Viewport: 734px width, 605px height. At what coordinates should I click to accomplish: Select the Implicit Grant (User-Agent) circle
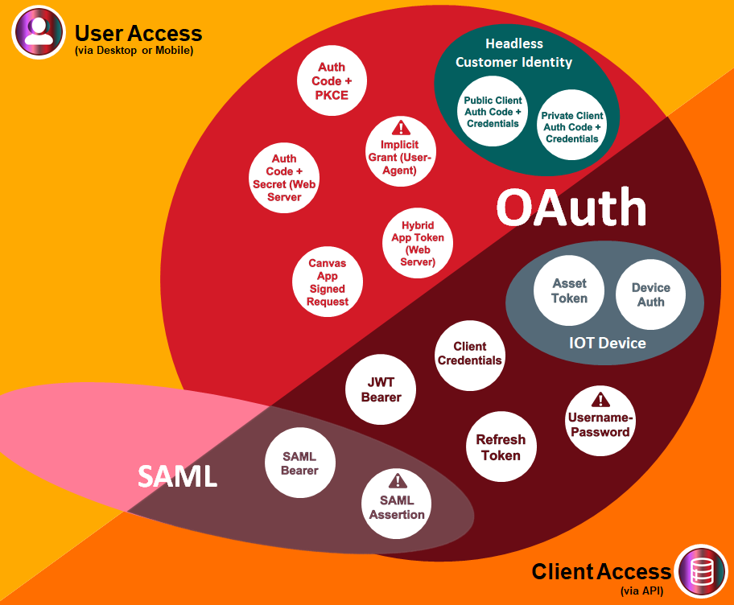click(x=400, y=150)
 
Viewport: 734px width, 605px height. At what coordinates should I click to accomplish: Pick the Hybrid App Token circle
click(x=417, y=244)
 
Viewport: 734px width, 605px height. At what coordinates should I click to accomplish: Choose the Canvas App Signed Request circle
click(x=327, y=282)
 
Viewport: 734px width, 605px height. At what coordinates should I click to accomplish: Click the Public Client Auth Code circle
click(x=493, y=111)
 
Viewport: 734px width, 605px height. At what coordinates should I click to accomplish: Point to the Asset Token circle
click(x=569, y=290)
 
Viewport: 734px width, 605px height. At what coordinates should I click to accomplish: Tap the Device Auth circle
click(x=650, y=294)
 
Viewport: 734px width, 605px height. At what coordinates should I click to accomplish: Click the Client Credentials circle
click(x=469, y=353)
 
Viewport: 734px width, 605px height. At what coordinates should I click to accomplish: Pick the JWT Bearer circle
click(x=381, y=390)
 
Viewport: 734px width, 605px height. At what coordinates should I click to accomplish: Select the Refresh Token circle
click(x=501, y=447)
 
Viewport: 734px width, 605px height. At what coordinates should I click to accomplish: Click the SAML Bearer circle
click(x=299, y=463)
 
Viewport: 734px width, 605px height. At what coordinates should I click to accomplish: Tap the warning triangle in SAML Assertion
click(x=397, y=481)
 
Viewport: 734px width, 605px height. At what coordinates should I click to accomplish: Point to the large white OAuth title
click(x=571, y=208)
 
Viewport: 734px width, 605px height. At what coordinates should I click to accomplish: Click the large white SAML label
click(x=177, y=476)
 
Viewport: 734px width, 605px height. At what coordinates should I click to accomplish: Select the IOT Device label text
click(x=607, y=344)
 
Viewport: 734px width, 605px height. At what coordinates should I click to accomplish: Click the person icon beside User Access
click(x=38, y=31)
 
